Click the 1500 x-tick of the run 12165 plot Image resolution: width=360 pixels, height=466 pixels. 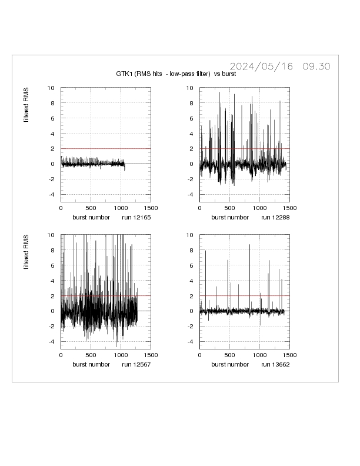coord(150,208)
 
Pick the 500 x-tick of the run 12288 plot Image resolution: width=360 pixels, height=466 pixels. coord(229,208)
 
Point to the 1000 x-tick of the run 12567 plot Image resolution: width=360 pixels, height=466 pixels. coord(121,355)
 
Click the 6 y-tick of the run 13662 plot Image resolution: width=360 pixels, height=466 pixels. coord(192,265)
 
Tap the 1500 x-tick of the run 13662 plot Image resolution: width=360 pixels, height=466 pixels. coord(289,355)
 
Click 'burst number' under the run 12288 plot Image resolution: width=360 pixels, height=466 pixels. coord(229,217)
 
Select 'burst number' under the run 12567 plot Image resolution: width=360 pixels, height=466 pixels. coord(91,364)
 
